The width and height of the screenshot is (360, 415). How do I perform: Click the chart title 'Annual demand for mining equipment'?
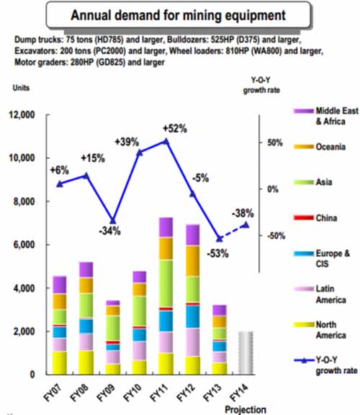tap(178, 15)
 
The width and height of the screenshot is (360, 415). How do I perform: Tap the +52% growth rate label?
tap(175, 129)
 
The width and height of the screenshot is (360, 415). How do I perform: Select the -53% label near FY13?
tap(217, 254)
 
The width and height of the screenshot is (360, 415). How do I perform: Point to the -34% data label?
tap(109, 231)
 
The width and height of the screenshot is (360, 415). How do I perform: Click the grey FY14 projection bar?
tap(246, 352)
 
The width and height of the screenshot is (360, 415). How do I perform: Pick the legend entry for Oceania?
tap(320, 147)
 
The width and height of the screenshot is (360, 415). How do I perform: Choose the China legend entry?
tap(315, 218)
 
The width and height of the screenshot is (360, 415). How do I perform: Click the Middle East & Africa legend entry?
tap(326, 116)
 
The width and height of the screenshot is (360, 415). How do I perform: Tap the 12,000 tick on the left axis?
tap(22, 115)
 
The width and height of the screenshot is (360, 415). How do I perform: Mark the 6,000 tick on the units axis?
tap(24, 245)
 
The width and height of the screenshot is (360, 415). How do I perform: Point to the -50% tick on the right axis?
tap(276, 236)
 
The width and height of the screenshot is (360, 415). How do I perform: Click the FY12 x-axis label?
tap(186, 393)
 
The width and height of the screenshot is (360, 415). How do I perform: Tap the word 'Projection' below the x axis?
tap(246, 409)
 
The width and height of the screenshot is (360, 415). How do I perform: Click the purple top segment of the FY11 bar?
tap(166, 227)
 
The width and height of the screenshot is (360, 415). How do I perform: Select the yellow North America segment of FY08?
tap(86, 362)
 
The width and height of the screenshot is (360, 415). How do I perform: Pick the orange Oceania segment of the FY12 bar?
tap(192, 261)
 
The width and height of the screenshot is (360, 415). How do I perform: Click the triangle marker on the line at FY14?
tap(246, 225)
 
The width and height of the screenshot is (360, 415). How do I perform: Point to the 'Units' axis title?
tap(21, 88)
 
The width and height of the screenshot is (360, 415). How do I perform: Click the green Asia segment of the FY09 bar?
tap(112, 328)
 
